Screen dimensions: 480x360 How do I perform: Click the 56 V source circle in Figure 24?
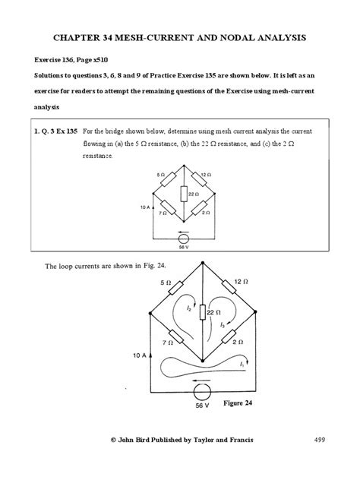pyautogui.click(x=201, y=393)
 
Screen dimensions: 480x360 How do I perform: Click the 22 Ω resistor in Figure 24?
pyautogui.click(x=201, y=313)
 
